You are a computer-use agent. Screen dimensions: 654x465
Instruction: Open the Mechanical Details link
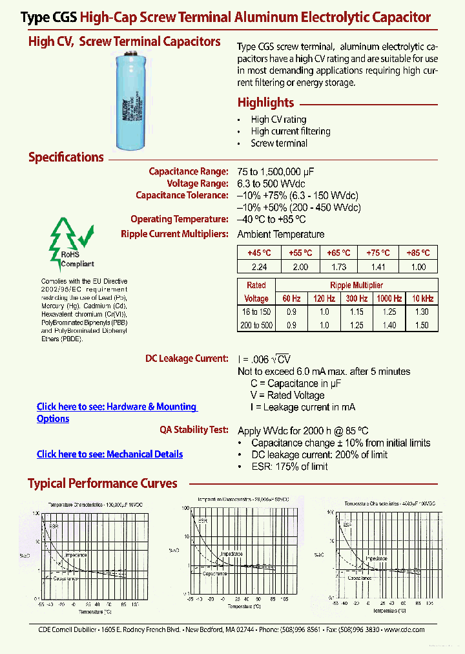coord(109,454)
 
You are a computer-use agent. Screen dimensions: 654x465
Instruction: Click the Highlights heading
coord(265,103)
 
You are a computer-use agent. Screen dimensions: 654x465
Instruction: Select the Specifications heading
coord(66,157)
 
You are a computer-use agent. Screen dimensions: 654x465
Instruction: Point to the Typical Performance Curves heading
coord(102,483)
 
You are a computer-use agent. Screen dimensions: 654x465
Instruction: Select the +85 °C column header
coord(418,253)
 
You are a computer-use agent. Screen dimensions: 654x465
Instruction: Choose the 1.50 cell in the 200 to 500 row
coord(421,325)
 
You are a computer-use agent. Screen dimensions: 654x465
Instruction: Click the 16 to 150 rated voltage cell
coord(256,311)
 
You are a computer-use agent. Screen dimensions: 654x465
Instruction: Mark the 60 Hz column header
coord(291,299)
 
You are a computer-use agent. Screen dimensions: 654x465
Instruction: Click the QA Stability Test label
coord(194,429)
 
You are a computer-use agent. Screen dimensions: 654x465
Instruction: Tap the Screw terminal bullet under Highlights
coord(279,143)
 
